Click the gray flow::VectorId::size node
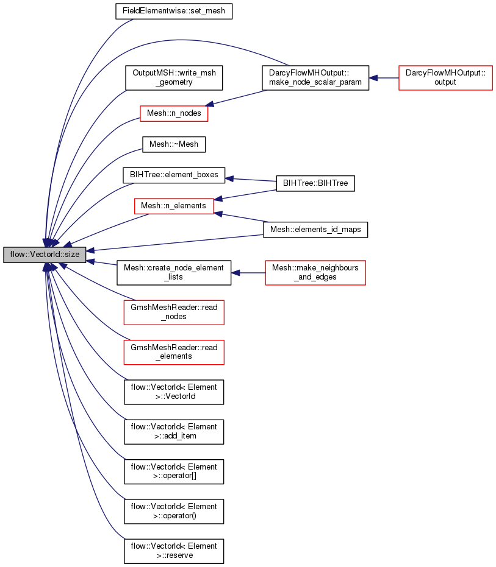[45, 255]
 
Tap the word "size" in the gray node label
[71, 255]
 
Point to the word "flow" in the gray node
[16, 255]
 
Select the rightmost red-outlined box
[445, 78]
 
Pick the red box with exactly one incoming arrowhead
[174, 113]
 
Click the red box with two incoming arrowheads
[174, 206]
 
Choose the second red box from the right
[315, 273]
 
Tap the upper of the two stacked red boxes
[174, 312]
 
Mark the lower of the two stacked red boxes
[174, 353]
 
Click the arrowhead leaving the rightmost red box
[373, 78]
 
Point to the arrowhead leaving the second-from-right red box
[235, 273]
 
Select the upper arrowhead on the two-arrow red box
[218, 199]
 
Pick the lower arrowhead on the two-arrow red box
[218, 214]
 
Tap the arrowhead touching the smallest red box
[209, 104]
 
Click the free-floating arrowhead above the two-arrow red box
[229, 178]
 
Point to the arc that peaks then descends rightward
[183, 40]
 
